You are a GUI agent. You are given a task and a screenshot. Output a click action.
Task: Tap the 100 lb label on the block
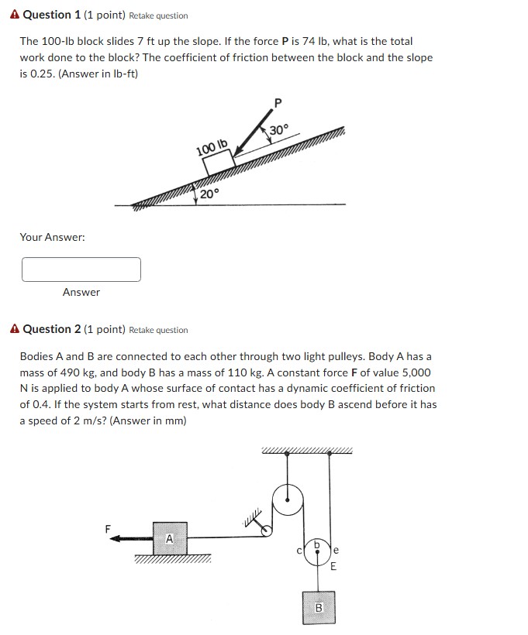[212, 146]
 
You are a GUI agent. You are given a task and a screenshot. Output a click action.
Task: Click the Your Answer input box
[81, 269]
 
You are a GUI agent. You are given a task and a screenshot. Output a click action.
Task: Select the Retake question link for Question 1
[158, 15]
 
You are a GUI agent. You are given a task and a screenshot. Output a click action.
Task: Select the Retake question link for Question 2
[158, 330]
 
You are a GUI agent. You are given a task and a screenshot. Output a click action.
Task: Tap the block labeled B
[317, 608]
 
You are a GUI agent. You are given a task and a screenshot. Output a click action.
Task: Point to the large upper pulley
[289, 495]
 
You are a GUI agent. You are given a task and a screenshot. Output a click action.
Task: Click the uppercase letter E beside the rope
[333, 566]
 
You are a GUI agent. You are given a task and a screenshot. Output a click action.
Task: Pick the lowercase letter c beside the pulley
[299, 551]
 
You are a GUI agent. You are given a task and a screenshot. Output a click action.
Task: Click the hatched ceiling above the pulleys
[307, 451]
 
